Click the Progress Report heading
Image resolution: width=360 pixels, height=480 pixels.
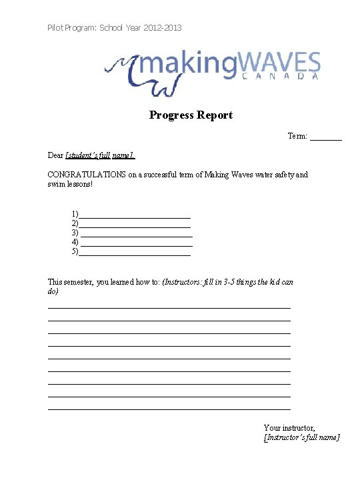191,115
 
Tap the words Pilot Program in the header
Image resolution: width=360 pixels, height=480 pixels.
71,28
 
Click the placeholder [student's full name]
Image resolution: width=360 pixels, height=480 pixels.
100,155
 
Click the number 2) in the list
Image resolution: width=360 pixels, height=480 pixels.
75,223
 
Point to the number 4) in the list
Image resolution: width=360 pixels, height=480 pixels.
75,242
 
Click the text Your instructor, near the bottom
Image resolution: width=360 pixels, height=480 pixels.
289,427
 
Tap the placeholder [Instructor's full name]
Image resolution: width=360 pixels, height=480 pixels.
301,437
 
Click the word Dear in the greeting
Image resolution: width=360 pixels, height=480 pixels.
55,155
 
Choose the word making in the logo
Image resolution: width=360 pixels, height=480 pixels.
180,64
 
